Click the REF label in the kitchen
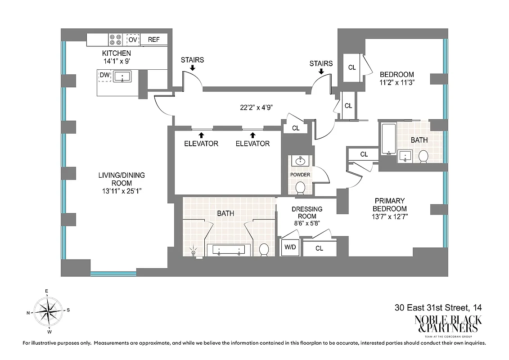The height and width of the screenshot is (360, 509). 153,40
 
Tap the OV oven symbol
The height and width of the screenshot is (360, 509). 132,40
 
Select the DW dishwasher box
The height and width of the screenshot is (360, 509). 104,76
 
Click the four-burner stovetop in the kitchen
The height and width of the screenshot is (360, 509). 115,40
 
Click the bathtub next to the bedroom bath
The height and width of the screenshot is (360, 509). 388,139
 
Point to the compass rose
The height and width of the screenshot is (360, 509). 48,311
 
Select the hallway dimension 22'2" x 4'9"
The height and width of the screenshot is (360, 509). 256,108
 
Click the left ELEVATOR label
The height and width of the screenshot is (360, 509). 201,144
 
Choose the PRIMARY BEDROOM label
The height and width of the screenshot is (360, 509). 390,205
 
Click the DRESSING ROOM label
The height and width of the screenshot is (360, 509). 307,212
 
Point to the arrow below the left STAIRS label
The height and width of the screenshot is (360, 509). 192,68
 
